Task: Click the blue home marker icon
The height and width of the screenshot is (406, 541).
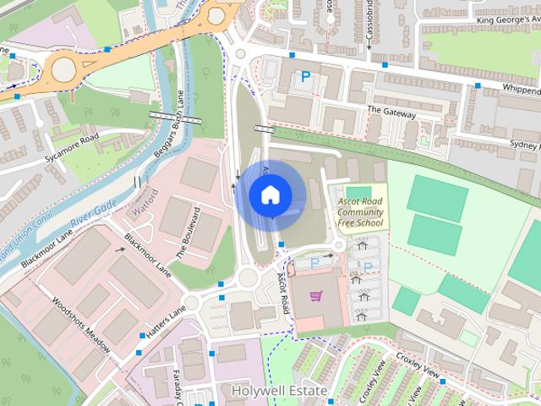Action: pos(269,195)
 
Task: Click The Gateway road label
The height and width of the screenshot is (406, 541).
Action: pos(391,112)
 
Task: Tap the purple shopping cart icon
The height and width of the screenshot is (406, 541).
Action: pos(316,296)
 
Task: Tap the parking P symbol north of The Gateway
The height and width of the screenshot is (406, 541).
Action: pos(305,77)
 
